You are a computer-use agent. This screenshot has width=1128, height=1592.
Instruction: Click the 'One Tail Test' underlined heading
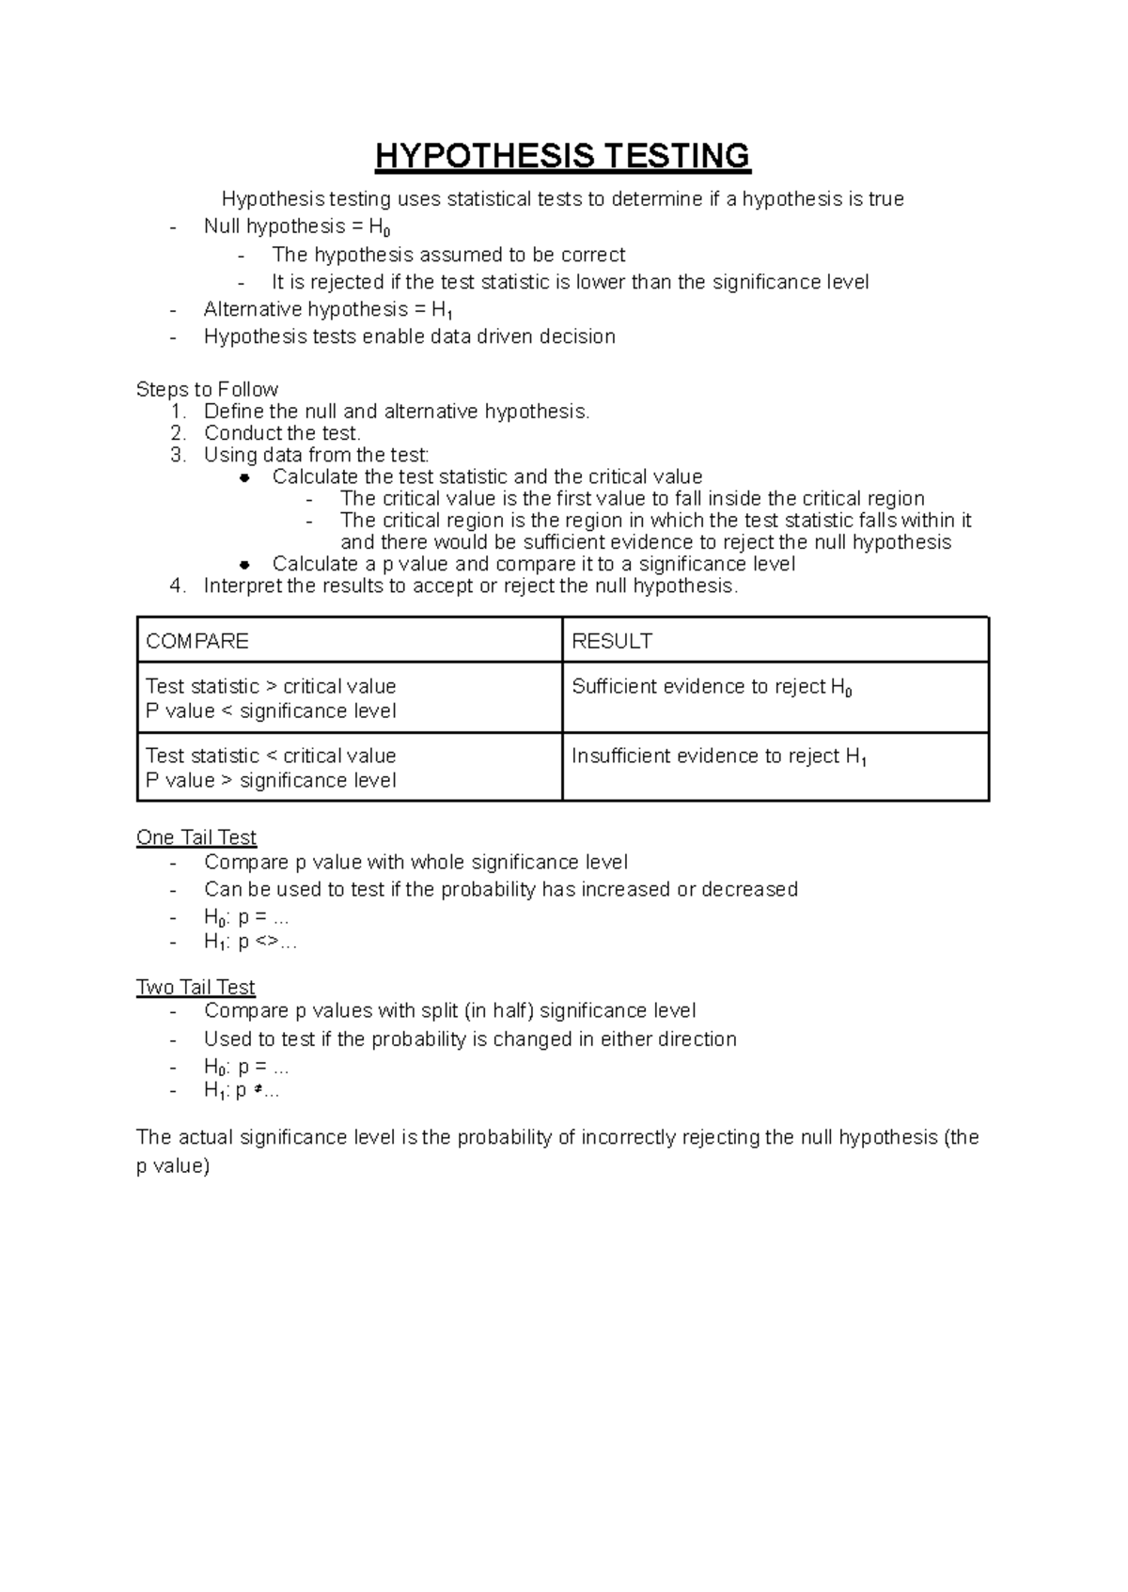click(x=196, y=837)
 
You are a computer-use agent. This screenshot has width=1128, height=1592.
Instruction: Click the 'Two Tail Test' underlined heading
click(x=196, y=988)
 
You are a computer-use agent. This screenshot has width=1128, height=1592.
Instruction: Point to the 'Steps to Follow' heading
click(x=207, y=389)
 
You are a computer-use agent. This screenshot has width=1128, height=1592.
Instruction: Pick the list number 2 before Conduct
click(x=177, y=433)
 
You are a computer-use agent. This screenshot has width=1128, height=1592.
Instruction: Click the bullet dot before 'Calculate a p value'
click(x=244, y=565)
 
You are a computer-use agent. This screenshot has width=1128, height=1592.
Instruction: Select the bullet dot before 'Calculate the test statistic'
click(x=244, y=477)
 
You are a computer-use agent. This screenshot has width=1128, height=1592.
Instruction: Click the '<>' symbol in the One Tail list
click(x=266, y=942)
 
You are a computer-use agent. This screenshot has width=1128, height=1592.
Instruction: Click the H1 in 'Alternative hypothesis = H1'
click(x=442, y=311)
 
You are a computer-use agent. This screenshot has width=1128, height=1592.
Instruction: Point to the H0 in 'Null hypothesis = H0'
click(x=379, y=227)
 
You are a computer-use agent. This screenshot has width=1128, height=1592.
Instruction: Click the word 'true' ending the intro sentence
click(x=886, y=199)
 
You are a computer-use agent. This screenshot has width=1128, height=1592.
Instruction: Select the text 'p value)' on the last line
click(x=172, y=1166)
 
